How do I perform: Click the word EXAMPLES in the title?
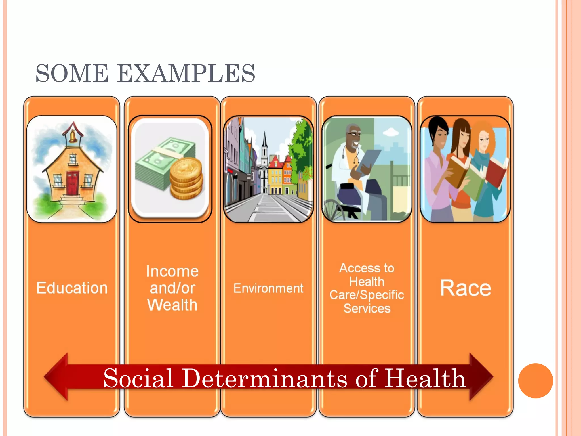click(x=186, y=74)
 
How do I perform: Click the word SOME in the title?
click(x=72, y=74)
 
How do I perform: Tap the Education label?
click(x=72, y=288)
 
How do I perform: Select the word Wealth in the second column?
click(x=172, y=305)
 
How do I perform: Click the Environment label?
click(x=268, y=288)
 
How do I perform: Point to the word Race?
click(x=465, y=288)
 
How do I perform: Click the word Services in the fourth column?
click(x=367, y=308)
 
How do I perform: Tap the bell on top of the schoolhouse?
click(x=73, y=136)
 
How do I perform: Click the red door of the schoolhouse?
click(x=73, y=183)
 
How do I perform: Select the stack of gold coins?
click(x=186, y=179)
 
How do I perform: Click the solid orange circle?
click(x=535, y=381)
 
